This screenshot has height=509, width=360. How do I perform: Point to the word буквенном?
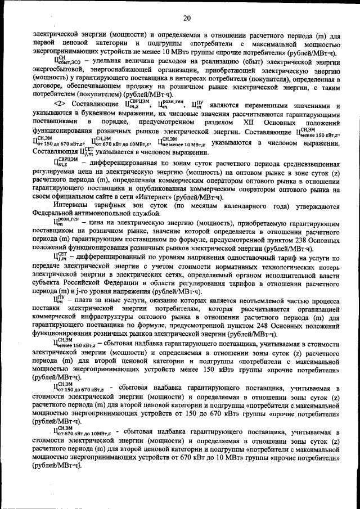tap(99, 114)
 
